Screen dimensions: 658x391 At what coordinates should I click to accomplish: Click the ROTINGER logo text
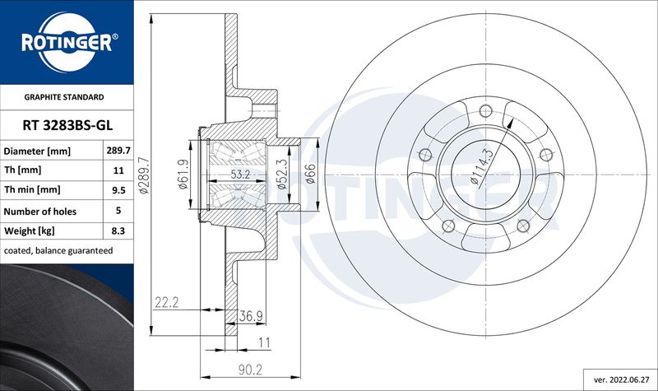(x=67, y=43)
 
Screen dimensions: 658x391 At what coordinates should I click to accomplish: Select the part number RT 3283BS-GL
(x=67, y=125)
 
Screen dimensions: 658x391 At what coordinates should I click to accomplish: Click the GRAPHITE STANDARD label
(x=64, y=97)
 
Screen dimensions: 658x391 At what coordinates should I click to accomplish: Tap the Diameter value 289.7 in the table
(x=118, y=151)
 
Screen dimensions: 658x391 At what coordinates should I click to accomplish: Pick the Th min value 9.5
(x=118, y=190)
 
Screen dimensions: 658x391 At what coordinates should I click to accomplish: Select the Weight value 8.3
(x=118, y=230)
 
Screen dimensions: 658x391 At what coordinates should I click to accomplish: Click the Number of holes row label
(x=40, y=212)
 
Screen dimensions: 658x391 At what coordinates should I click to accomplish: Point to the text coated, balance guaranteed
(x=58, y=251)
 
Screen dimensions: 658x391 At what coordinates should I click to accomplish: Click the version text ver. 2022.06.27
(x=621, y=379)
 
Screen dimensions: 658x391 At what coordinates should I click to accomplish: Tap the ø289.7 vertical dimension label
(x=143, y=175)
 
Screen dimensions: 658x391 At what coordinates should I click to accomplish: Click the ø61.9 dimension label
(x=183, y=175)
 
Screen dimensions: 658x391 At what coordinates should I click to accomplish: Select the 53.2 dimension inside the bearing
(x=240, y=175)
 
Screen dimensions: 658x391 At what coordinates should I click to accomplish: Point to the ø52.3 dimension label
(x=282, y=175)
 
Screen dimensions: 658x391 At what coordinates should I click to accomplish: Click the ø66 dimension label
(x=310, y=174)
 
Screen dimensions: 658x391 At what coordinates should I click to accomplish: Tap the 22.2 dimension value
(x=167, y=302)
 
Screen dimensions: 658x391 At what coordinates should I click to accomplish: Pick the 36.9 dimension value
(x=251, y=316)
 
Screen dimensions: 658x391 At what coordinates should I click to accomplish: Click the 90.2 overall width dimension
(x=250, y=370)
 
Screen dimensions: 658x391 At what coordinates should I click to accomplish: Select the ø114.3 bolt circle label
(x=482, y=166)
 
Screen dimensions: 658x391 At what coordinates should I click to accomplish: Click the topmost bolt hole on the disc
(x=485, y=111)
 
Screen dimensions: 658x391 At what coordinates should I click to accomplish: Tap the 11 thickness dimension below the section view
(x=264, y=342)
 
